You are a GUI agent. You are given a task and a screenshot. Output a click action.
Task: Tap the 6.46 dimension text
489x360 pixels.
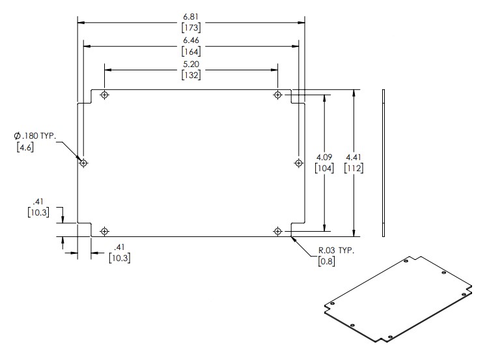coord(191,39)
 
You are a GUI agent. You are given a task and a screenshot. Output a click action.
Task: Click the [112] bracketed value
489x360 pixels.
coord(354,169)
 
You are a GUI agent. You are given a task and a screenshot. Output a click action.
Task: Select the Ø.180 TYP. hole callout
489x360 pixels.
coord(36,135)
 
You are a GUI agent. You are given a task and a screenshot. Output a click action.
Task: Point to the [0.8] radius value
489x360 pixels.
coord(326,262)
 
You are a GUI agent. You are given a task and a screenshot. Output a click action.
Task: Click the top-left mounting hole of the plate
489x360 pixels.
coord(104,96)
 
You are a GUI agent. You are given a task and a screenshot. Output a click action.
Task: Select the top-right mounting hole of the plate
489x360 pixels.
coord(278,96)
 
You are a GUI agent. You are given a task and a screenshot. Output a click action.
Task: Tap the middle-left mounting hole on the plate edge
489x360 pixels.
coord(83,163)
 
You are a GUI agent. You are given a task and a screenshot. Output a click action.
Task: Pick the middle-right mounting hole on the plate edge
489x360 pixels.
coord(299,163)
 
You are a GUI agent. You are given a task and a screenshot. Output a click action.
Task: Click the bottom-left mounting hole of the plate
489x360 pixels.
coord(104,230)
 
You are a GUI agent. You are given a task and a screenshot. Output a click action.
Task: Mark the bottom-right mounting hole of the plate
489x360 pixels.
coord(278,230)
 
